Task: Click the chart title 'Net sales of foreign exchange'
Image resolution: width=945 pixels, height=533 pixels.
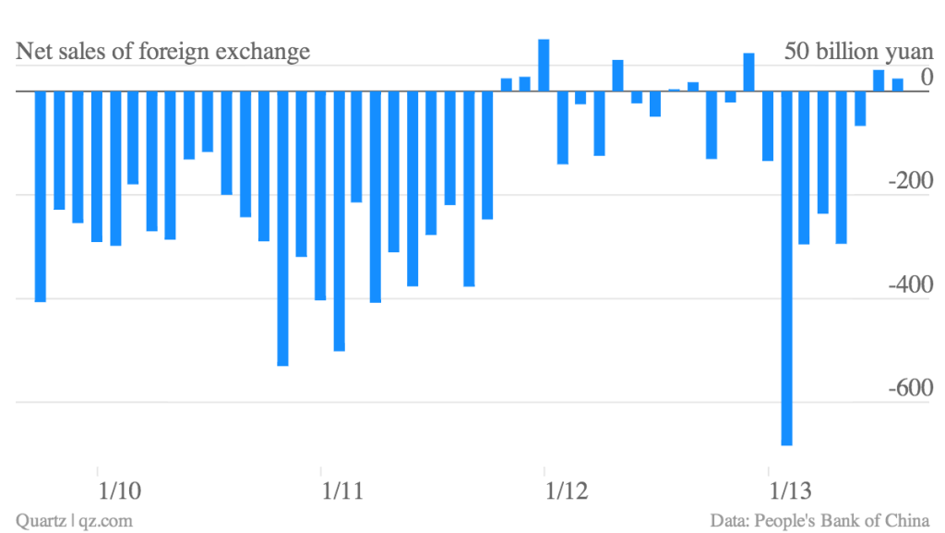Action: coord(163,52)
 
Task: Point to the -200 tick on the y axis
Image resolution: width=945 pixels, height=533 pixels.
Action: coord(908,181)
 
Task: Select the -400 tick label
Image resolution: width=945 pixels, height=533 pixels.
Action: coord(908,285)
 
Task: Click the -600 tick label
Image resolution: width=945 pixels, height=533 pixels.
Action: coord(908,388)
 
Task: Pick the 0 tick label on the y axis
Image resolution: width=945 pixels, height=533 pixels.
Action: coord(926,78)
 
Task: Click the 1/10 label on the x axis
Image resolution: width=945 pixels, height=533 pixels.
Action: coord(118,489)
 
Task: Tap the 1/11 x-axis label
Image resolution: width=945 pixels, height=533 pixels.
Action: coord(341,489)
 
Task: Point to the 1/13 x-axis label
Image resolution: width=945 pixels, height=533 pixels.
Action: coord(790,489)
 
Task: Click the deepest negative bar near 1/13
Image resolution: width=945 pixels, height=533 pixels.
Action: coord(786,268)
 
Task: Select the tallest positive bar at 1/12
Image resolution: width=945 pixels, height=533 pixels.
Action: coord(544,65)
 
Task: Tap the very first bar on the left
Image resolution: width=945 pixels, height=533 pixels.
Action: coord(41,196)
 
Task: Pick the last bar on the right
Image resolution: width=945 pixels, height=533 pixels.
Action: coord(897,85)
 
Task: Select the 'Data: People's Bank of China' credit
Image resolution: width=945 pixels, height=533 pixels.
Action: coord(819,521)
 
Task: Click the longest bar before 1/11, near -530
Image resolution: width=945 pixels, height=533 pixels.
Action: coord(282,228)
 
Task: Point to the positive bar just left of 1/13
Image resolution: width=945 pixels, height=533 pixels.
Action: coord(748,72)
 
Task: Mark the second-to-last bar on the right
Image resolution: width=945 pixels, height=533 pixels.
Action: coord(879,80)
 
